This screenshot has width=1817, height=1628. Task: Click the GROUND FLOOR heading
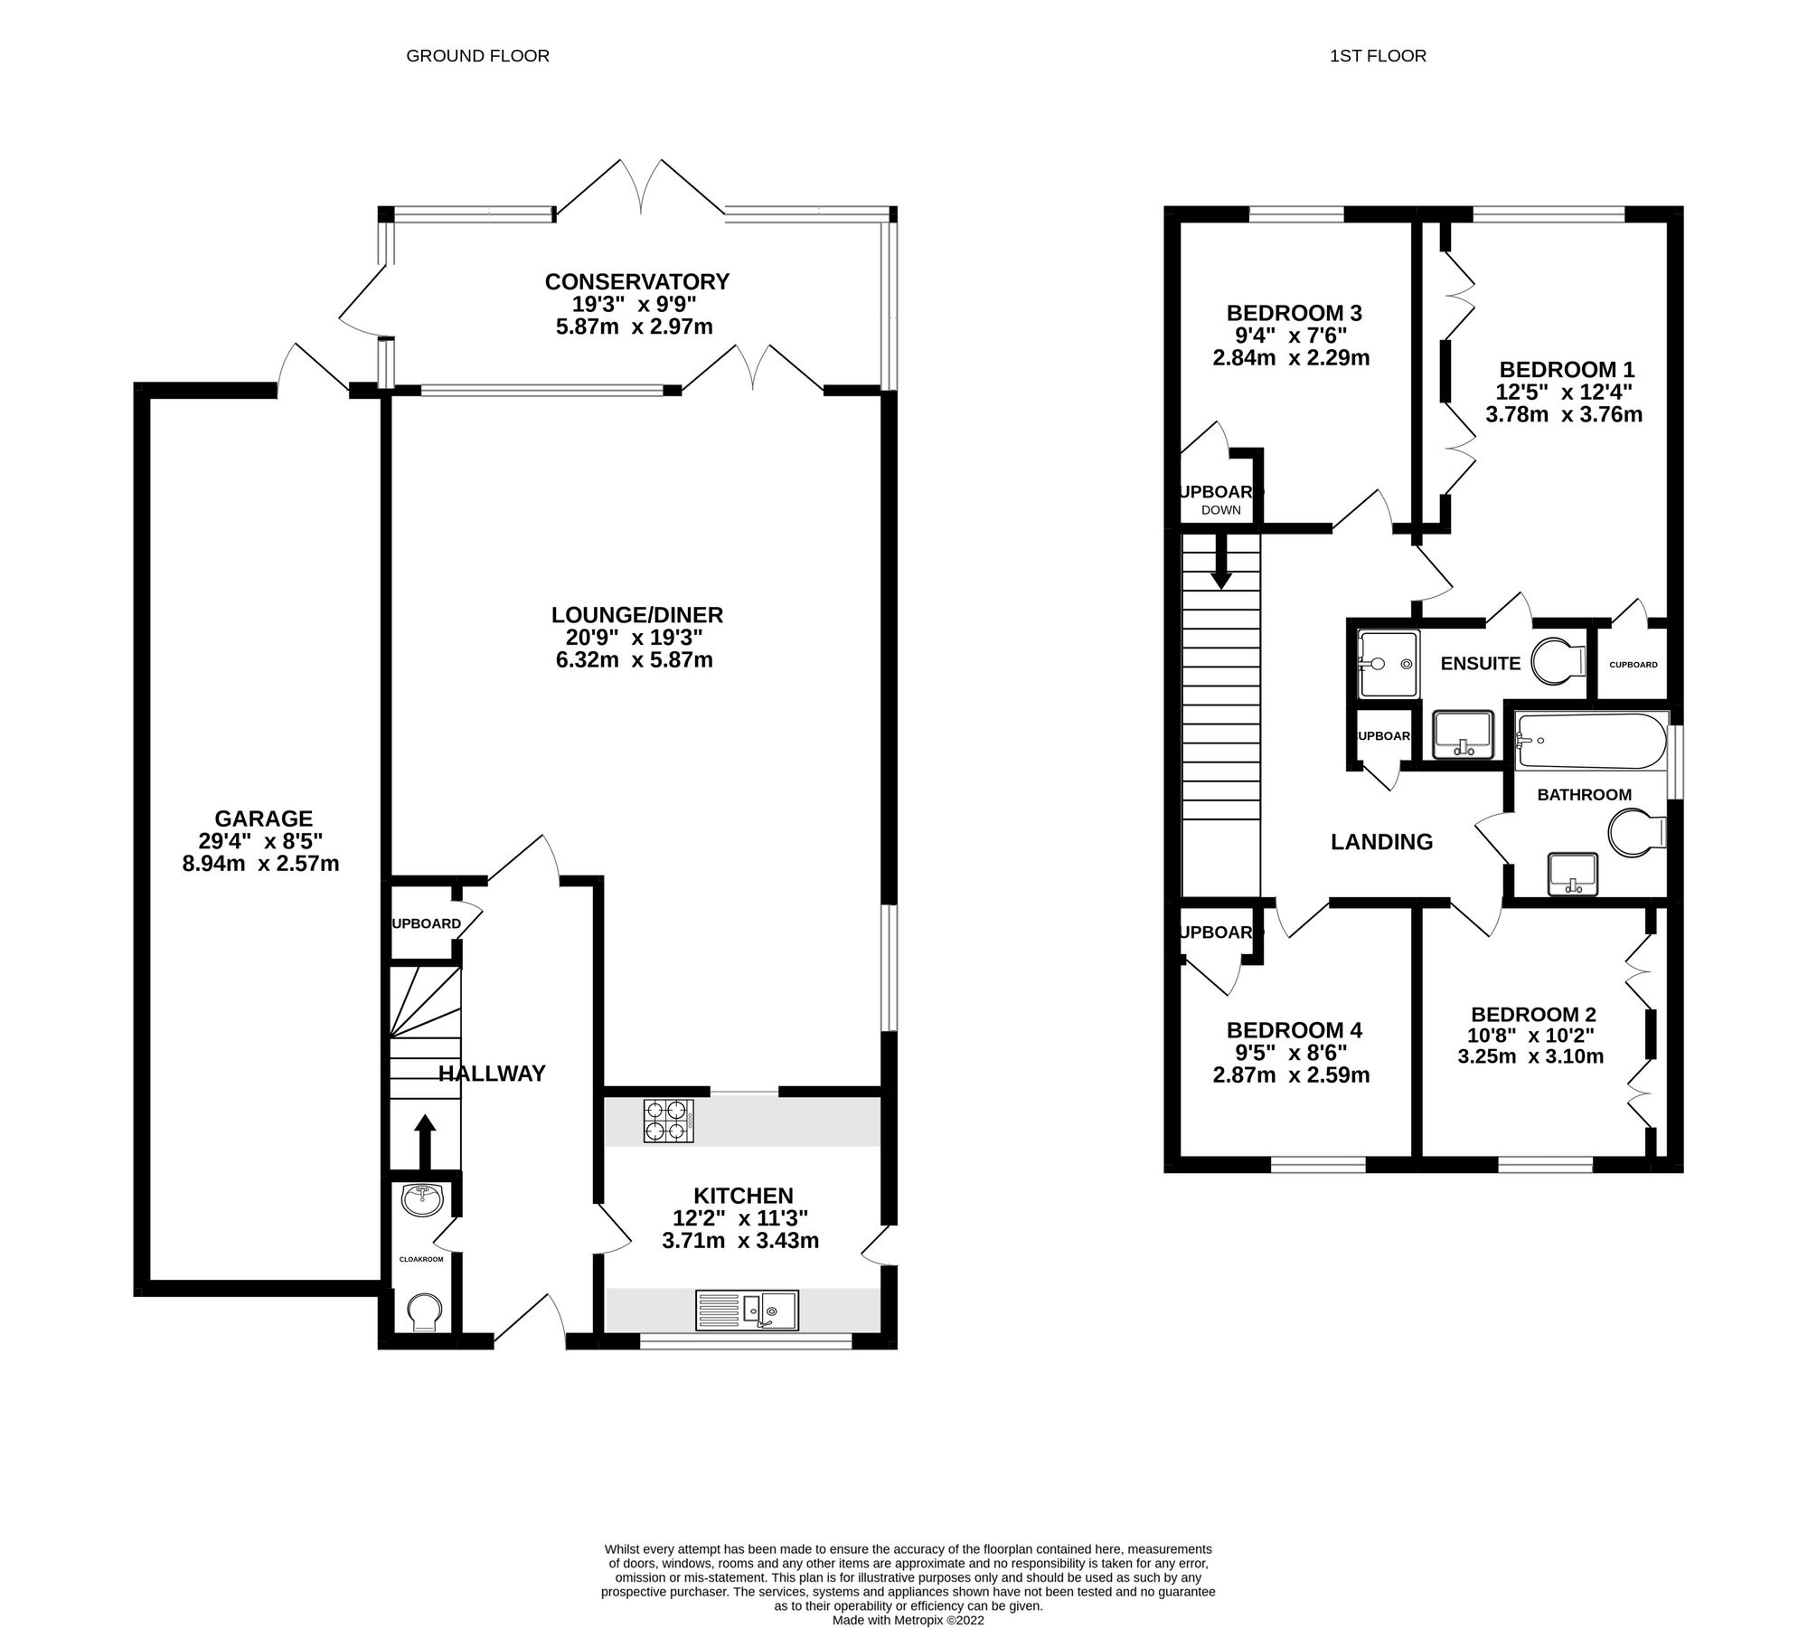coord(477,56)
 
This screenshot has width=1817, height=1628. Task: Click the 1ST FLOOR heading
coord(1378,56)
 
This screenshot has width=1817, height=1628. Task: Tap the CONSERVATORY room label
coord(636,282)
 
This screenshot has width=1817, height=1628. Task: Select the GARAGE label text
coord(263,819)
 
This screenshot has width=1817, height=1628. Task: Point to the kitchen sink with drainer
coord(747,1310)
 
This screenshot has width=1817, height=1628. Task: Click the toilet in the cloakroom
coord(423,1311)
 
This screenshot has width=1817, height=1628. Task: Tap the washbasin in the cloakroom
coord(421,1200)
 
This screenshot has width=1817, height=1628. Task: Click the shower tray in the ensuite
coord(1388,664)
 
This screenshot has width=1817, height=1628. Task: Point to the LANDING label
coord(1381,842)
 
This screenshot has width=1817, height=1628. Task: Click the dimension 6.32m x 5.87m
coord(634,660)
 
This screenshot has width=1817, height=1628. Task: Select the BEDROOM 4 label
coord(1294,1030)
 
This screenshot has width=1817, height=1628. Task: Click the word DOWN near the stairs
coord(1221,511)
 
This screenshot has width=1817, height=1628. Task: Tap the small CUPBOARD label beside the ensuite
coord(1633,665)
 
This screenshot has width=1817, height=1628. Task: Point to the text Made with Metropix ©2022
coord(908,1620)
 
